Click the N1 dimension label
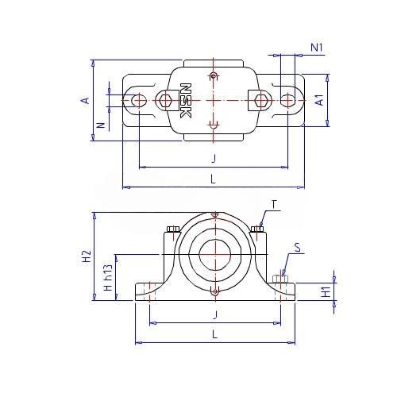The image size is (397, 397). (317, 48)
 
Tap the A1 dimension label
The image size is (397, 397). (320, 100)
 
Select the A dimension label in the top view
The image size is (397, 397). (85, 101)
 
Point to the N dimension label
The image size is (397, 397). (101, 125)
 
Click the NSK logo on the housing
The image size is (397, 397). (186, 101)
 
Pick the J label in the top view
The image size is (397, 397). (214, 158)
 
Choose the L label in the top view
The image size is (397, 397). (214, 179)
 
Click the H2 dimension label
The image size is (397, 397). (87, 256)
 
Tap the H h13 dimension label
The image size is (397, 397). (108, 277)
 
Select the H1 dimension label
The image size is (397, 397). (326, 291)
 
